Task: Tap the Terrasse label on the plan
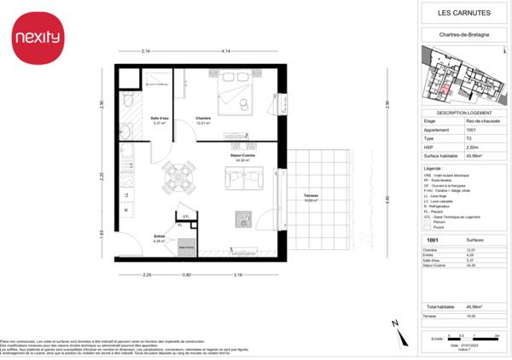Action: [311, 197]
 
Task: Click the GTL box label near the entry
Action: [184, 218]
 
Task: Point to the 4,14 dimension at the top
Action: [226, 54]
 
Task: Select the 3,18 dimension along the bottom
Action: [238, 275]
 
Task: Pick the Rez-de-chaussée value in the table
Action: [480, 121]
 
